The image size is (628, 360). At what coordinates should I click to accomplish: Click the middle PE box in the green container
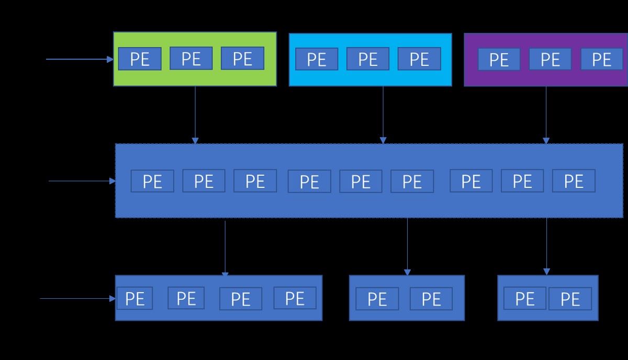point(191,58)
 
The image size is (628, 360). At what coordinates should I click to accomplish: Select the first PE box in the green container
point(140,59)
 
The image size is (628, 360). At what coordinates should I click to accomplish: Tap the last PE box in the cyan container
point(419,59)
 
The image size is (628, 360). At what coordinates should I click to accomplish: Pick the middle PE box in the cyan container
point(368,59)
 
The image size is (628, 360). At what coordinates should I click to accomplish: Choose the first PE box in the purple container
point(499,59)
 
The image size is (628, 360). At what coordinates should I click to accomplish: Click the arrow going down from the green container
point(195,115)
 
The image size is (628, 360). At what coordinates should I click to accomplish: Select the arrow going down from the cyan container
point(383,115)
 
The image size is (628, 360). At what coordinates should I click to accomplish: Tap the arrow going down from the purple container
point(546,115)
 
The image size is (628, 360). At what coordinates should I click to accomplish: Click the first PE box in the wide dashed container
point(152,181)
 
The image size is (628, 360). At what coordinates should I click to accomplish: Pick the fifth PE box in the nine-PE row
point(361,181)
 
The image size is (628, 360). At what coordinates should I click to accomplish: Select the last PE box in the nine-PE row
point(574,181)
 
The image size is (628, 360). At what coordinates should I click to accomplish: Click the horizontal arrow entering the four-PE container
point(77,299)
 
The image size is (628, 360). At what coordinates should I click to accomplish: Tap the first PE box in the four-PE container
point(134,298)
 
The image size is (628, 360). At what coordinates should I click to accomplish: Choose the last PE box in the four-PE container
point(295,298)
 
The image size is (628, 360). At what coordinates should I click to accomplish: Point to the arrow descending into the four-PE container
point(225,249)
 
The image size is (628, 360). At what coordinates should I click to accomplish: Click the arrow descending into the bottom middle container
point(407,246)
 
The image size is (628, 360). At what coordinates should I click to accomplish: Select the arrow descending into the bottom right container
point(547,246)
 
